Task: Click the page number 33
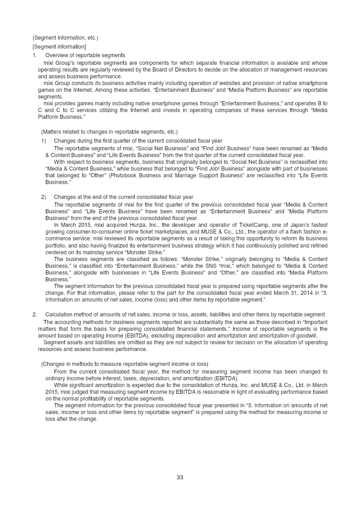click(180, 477)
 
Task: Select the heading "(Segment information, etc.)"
click(65, 38)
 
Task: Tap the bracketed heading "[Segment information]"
click(59, 47)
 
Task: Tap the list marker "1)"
click(44, 141)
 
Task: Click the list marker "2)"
click(44, 197)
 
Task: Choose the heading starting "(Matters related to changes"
click(109, 132)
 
